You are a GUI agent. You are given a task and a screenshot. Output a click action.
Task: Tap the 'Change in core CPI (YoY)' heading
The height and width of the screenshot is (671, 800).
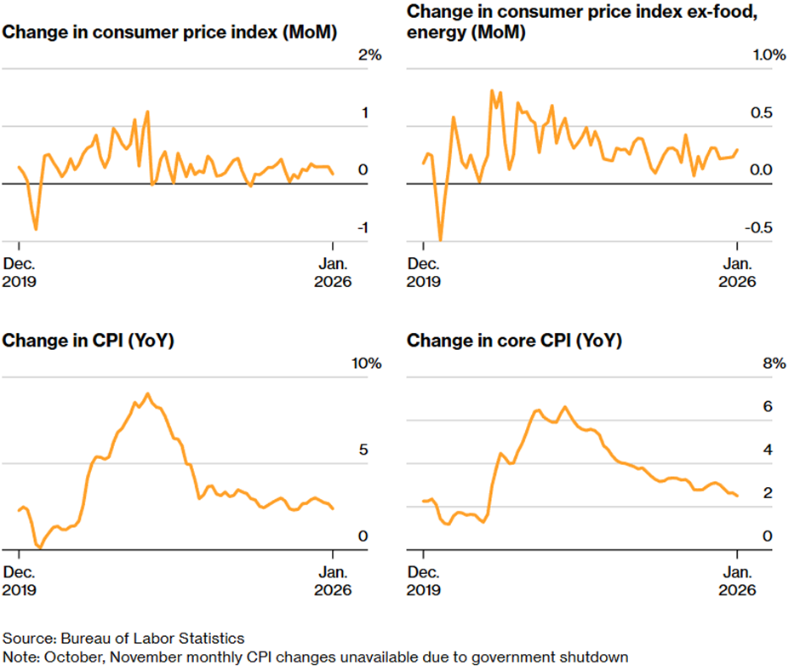click(x=515, y=341)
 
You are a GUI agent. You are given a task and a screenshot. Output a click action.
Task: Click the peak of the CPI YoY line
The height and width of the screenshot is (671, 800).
click(x=148, y=393)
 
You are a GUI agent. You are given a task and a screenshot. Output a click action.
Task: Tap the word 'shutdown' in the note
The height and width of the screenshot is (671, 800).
click(x=599, y=657)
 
